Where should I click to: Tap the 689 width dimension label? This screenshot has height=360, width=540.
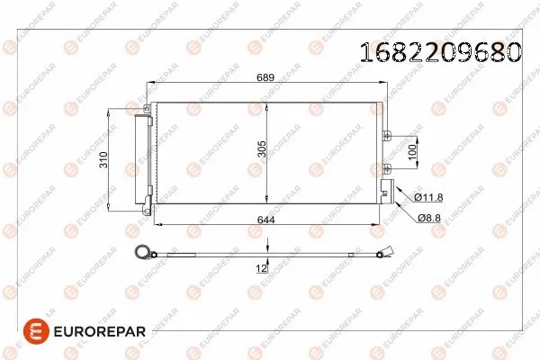pos(266,78)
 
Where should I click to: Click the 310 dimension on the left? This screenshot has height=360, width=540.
pos(104,161)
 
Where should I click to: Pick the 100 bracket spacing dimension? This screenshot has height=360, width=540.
pos(413,151)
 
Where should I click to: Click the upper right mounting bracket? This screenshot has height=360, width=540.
pos(386,136)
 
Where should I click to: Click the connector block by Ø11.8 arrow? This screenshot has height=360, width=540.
pos(386,188)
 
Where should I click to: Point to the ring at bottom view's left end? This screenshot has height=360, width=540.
pos(139,253)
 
